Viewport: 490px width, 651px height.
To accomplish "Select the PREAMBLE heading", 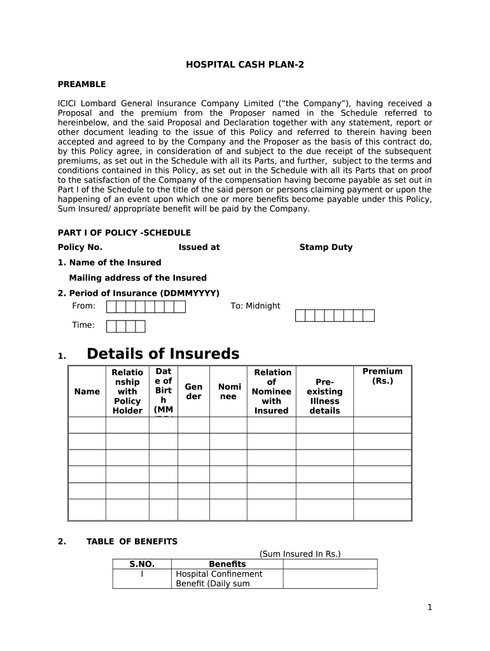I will click(81, 84).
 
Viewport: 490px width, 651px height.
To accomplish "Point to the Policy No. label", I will click(80, 247).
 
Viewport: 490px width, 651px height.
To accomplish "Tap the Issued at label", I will click(199, 247).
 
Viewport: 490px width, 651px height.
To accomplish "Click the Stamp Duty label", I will click(326, 247).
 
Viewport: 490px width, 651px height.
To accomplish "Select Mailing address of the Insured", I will click(137, 278).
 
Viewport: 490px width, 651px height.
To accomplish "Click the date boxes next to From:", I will click(146, 307).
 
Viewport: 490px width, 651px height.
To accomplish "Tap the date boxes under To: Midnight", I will click(335, 315).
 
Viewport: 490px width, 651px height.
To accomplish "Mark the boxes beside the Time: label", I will click(125, 326).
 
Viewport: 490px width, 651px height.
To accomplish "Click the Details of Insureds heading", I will click(163, 354).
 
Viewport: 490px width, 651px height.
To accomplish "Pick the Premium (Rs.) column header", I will click(382, 376).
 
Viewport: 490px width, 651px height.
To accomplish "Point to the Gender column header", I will click(193, 392).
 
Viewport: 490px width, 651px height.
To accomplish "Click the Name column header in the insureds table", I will click(87, 392).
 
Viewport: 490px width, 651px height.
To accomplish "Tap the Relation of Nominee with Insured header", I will click(272, 392).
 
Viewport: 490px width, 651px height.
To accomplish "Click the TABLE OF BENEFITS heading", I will click(132, 542).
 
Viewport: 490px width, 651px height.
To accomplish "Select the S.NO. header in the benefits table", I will click(142, 564).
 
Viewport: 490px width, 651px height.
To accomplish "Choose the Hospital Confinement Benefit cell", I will click(219, 579).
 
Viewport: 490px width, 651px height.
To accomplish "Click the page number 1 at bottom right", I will click(430, 607).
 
